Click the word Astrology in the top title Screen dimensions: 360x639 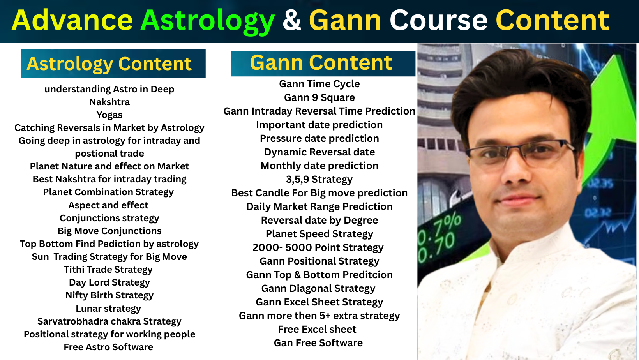pos(208,21)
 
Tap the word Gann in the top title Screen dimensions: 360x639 pos(345,20)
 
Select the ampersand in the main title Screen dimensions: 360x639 pos(292,20)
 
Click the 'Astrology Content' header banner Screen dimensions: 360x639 pos(113,64)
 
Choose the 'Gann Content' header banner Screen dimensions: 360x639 pos(323,63)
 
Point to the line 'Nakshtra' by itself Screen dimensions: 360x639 pos(109,102)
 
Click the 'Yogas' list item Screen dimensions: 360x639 pos(109,115)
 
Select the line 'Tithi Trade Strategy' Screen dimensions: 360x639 pos(108,270)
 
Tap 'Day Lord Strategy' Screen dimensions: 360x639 pos(109,282)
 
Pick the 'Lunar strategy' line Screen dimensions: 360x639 pos(108,309)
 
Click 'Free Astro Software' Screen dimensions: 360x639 pos(108,347)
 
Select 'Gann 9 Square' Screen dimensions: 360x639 pos(319,97)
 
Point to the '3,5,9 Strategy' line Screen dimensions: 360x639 pos(319,179)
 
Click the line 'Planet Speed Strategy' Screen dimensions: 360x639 pos(319,234)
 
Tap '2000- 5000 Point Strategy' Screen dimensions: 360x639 pos(318,247)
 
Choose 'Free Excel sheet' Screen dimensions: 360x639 pos(317,329)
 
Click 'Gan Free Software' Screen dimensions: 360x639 pos(318,343)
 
